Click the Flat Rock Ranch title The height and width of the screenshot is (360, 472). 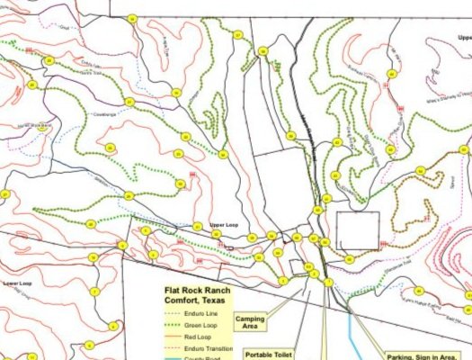[197, 291]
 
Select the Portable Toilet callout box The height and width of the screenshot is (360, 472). [269, 355]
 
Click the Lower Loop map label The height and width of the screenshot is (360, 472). [17, 283]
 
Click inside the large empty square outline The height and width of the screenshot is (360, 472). [357, 230]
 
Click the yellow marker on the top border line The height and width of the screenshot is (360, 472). [132, 19]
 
